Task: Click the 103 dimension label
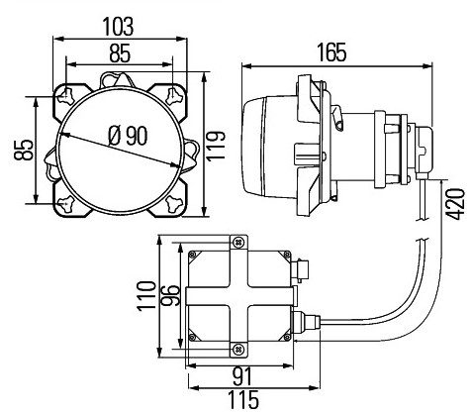(119, 27)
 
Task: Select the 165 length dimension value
(331, 52)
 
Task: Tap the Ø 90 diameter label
(128, 136)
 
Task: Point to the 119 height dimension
(216, 146)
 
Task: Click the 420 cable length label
(455, 204)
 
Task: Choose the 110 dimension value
(146, 296)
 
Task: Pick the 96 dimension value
(171, 296)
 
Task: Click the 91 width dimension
(242, 377)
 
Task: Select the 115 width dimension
(243, 400)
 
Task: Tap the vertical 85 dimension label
(24, 151)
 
